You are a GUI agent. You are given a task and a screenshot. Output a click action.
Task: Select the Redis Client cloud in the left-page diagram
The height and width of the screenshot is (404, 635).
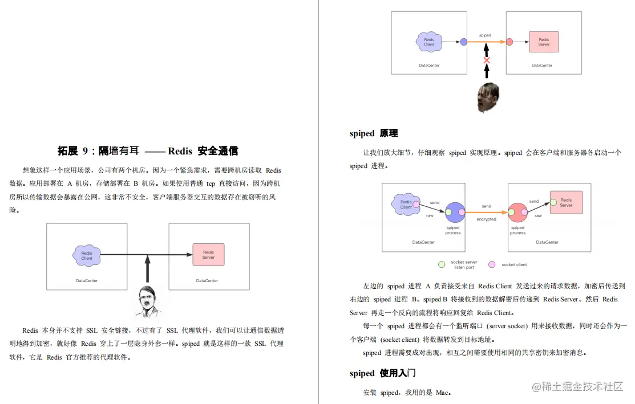coord(87,255)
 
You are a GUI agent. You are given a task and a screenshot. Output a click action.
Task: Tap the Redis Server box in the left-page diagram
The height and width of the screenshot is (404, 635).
coord(208,255)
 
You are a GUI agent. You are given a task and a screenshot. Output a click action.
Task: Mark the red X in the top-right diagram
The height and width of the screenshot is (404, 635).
coord(487,60)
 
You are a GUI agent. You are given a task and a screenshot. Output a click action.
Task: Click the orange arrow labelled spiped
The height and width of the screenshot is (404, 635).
coord(485,42)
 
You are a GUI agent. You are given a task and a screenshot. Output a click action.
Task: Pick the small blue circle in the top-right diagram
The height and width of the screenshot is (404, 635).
coord(464,42)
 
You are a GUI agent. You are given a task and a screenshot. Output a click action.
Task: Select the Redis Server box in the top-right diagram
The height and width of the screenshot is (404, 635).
coord(544,42)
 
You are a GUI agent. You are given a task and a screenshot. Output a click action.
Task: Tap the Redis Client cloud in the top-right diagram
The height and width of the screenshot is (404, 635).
coord(429,42)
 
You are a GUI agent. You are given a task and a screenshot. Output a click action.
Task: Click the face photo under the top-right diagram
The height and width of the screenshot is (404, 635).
coord(488,97)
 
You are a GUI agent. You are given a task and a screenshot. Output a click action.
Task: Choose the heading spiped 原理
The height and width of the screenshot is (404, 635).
coord(374,133)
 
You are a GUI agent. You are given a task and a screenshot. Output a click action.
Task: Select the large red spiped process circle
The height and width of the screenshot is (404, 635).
coord(518,213)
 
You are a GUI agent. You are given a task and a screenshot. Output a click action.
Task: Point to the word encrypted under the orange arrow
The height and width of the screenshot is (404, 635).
coord(486,219)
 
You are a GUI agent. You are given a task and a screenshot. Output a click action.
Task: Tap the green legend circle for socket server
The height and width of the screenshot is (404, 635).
coord(441,264)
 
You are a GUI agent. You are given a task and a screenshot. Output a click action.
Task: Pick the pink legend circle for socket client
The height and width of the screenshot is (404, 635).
coord(492,264)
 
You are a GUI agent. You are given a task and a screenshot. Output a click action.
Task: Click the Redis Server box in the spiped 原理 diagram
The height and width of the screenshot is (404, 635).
coord(565,202)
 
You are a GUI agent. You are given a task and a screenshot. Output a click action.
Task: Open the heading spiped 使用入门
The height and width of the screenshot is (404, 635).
coord(382,373)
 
